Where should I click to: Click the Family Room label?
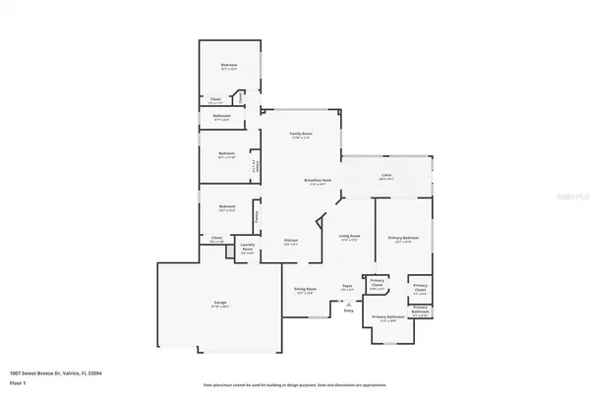pos(300,134)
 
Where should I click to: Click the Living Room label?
pos(349,237)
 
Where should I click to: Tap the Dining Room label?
pos(304,290)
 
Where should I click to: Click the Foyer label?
pos(346,288)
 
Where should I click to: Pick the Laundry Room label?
pos(250,250)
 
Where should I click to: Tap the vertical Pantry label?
pos(257,216)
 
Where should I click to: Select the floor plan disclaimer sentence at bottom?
pos(295,385)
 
